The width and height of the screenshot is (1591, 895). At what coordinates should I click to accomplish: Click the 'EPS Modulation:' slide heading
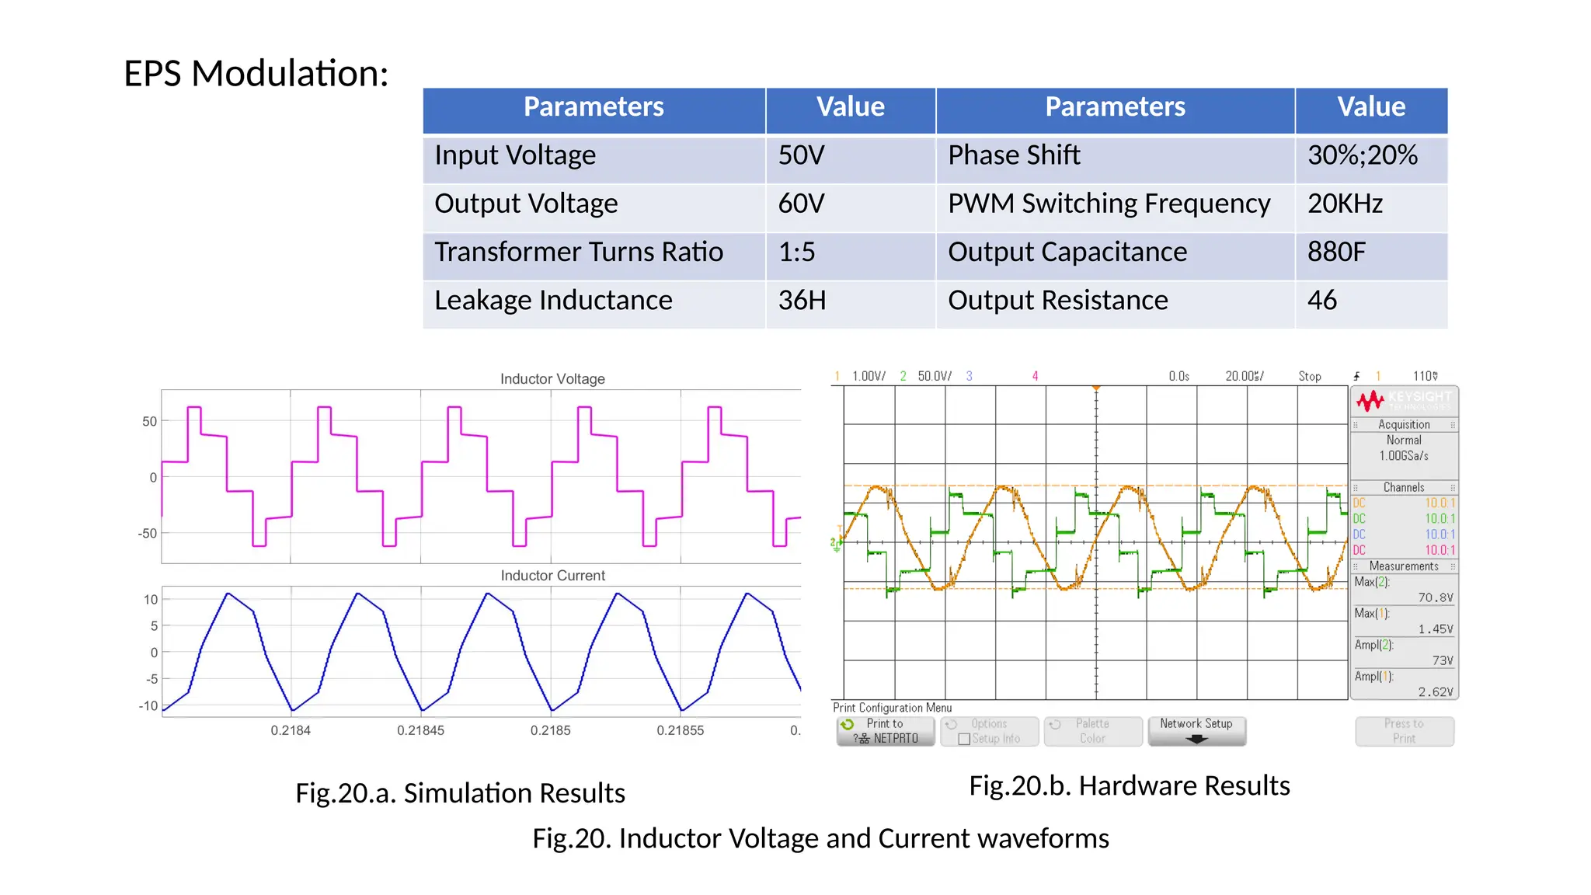coord(256,75)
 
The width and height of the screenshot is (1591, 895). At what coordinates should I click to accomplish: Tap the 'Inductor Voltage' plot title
coord(552,379)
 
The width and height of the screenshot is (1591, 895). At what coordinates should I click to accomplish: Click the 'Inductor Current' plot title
coord(552,576)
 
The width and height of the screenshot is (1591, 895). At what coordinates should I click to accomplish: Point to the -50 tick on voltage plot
coord(148,534)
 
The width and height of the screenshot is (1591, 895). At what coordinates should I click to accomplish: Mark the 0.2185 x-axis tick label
coord(550,730)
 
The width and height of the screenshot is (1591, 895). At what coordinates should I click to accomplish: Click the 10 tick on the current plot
coord(151,600)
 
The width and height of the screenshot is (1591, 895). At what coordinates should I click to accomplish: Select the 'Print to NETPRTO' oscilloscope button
coord(886,731)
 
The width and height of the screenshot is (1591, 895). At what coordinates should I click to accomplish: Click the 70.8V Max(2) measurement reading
coord(1435,597)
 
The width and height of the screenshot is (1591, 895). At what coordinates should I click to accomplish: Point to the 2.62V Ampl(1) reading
coord(1435,692)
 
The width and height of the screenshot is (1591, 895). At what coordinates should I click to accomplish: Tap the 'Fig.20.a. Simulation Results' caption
coord(460,793)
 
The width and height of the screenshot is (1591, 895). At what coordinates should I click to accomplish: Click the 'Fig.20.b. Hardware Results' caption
coord(1129,786)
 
